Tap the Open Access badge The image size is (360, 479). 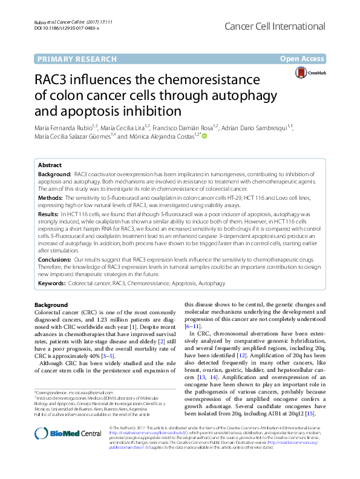tap(303, 59)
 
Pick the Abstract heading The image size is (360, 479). tap(50, 165)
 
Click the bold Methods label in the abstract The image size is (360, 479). tap(51, 197)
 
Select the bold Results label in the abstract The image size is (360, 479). tap(50, 214)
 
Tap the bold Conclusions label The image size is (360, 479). tap(54, 259)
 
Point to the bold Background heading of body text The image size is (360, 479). tap(51, 305)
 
